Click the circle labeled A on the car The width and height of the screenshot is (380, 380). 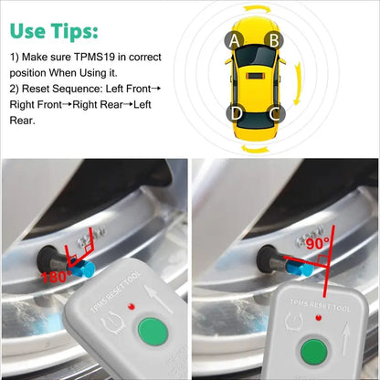235,40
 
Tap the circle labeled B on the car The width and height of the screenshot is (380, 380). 272,40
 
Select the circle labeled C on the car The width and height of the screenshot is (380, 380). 273,114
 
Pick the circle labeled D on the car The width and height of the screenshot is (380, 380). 236,114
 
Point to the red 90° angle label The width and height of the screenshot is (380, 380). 318,242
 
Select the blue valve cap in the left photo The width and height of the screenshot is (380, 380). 87,269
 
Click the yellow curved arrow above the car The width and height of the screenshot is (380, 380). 254,9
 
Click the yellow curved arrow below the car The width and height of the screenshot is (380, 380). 254,145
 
